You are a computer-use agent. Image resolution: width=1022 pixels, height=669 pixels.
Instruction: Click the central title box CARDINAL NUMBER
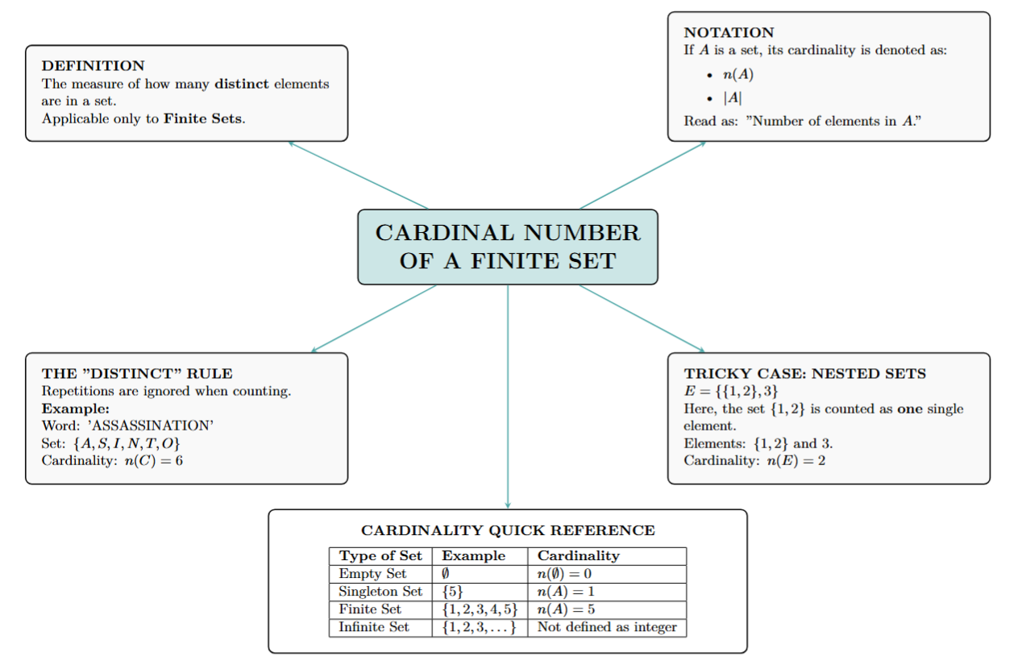pos(508,247)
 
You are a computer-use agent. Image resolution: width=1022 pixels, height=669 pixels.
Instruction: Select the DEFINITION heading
pos(93,65)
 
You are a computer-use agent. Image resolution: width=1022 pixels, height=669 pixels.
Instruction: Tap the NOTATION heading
pos(729,32)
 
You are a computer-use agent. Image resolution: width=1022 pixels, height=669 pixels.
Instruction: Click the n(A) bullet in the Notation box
pos(737,75)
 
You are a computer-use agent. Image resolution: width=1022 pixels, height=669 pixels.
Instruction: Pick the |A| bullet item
pos(733,98)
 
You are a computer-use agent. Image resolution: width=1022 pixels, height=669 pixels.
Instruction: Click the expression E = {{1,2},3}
pos(731,391)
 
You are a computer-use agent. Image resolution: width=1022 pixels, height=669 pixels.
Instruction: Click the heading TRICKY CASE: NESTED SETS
pos(804,373)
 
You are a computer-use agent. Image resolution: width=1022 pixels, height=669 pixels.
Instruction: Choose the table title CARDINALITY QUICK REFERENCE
pos(508,530)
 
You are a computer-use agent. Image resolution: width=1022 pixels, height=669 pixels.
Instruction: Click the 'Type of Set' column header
pos(380,556)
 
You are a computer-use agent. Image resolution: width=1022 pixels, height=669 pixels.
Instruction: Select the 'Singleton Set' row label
pos(380,592)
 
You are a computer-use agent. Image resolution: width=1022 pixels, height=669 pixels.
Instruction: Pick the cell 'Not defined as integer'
pos(607,627)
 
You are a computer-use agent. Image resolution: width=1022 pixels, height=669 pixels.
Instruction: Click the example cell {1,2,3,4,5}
pos(480,609)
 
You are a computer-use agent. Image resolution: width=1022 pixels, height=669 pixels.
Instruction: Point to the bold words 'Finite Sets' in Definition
pos(203,118)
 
